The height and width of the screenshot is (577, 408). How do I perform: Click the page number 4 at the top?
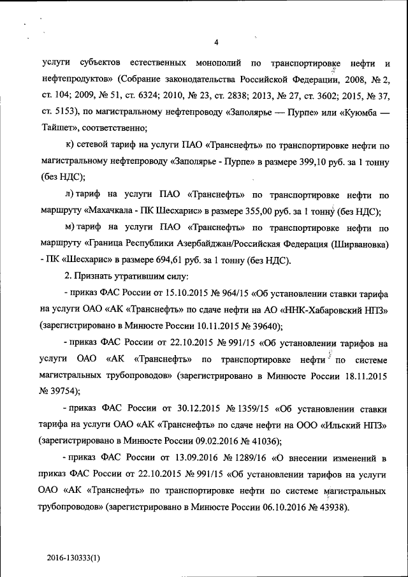pyautogui.click(x=216, y=43)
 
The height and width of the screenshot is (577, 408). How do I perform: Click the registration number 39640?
pyautogui.click(x=263, y=327)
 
